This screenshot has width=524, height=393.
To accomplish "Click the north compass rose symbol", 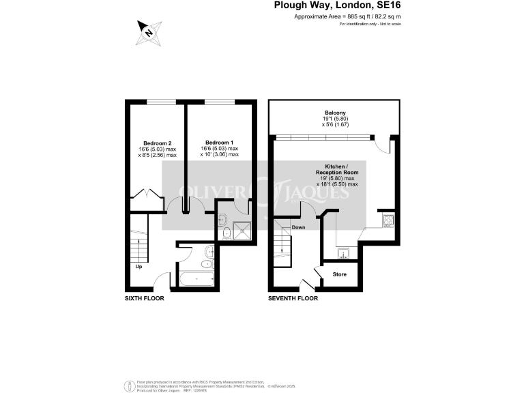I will coord(148,31).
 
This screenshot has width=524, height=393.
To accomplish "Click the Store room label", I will coord(339,274).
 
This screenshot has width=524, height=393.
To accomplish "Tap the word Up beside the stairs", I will coord(139,266).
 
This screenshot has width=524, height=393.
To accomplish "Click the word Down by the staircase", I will coord(298,227).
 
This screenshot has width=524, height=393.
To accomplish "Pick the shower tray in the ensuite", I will coord(242,231).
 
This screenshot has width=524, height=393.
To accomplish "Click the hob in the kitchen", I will coord(388,220).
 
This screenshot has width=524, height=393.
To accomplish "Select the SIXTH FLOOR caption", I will coord(144,298).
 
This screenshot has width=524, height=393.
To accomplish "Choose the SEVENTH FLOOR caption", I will coord(293,298).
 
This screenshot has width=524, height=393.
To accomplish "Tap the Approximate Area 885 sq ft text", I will coord(337,16).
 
